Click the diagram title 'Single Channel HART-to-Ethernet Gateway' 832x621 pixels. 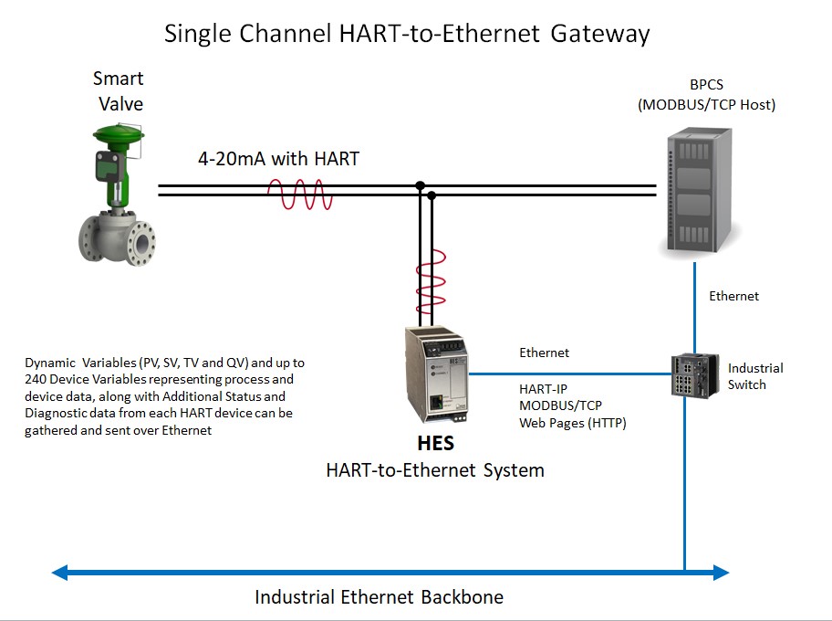click(407, 34)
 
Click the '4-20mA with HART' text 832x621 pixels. click(278, 159)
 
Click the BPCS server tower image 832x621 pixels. click(701, 192)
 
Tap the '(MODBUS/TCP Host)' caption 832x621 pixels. click(706, 105)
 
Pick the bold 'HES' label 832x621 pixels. click(435, 446)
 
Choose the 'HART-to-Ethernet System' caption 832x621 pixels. click(435, 470)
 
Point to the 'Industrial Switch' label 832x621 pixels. click(754, 376)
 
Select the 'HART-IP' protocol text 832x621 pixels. click(543, 388)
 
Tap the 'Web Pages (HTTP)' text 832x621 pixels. click(572, 423)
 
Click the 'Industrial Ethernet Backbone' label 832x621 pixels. click(379, 597)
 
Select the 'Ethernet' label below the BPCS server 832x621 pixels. click(733, 296)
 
